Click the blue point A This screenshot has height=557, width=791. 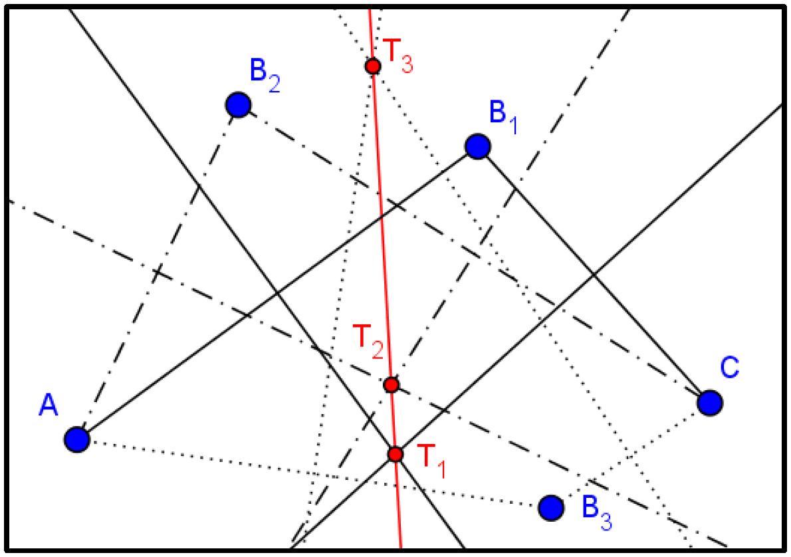[x=77, y=439]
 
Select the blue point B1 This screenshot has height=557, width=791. [x=477, y=146]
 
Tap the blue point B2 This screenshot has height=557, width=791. [x=238, y=104]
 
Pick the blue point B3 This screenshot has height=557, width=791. [x=550, y=508]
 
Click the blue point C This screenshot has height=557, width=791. [x=710, y=402]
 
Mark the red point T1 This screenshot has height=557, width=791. [x=395, y=454]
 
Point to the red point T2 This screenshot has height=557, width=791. [x=392, y=384]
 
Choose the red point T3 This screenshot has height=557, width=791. [x=373, y=66]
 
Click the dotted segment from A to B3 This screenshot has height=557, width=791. [x=312, y=473]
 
